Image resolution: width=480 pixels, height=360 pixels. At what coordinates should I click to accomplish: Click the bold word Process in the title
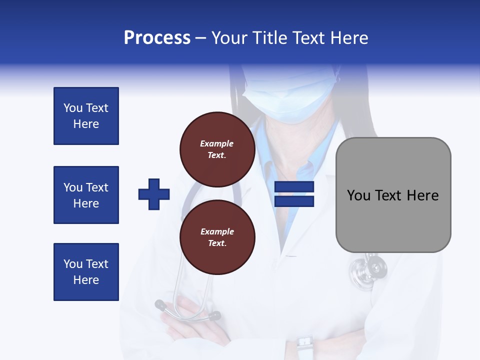click(157, 38)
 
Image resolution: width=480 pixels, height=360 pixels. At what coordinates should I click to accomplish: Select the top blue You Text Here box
click(86, 116)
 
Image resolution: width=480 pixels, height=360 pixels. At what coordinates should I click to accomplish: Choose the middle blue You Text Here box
click(86, 195)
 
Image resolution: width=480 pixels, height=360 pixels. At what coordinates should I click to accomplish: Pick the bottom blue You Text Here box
click(86, 272)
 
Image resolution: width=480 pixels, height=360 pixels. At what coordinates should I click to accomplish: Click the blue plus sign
click(154, 194)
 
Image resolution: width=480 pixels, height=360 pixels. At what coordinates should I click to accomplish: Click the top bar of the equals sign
click(294, 187)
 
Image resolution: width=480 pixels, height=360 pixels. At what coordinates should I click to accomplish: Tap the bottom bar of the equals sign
click(294, 201)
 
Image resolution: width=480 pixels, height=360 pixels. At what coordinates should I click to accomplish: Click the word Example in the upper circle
click(217, 143)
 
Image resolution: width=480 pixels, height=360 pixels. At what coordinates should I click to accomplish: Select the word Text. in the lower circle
click(217, 243)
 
